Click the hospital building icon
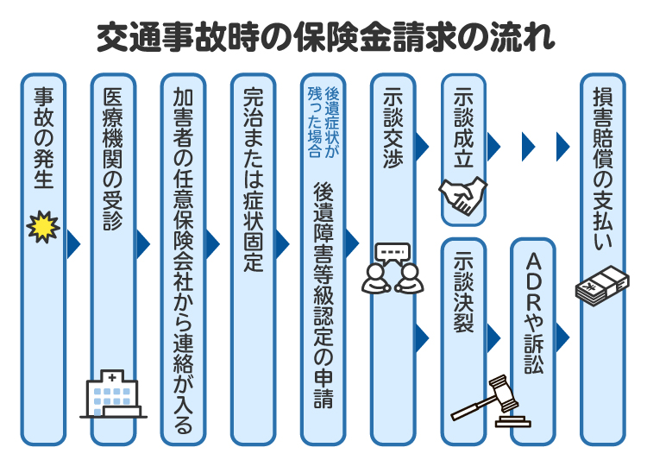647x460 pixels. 112,394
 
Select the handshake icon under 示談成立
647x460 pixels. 463,196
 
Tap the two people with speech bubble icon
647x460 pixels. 393,266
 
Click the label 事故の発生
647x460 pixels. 42,138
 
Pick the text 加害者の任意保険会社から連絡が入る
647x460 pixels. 182,259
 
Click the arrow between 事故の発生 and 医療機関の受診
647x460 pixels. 74,244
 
